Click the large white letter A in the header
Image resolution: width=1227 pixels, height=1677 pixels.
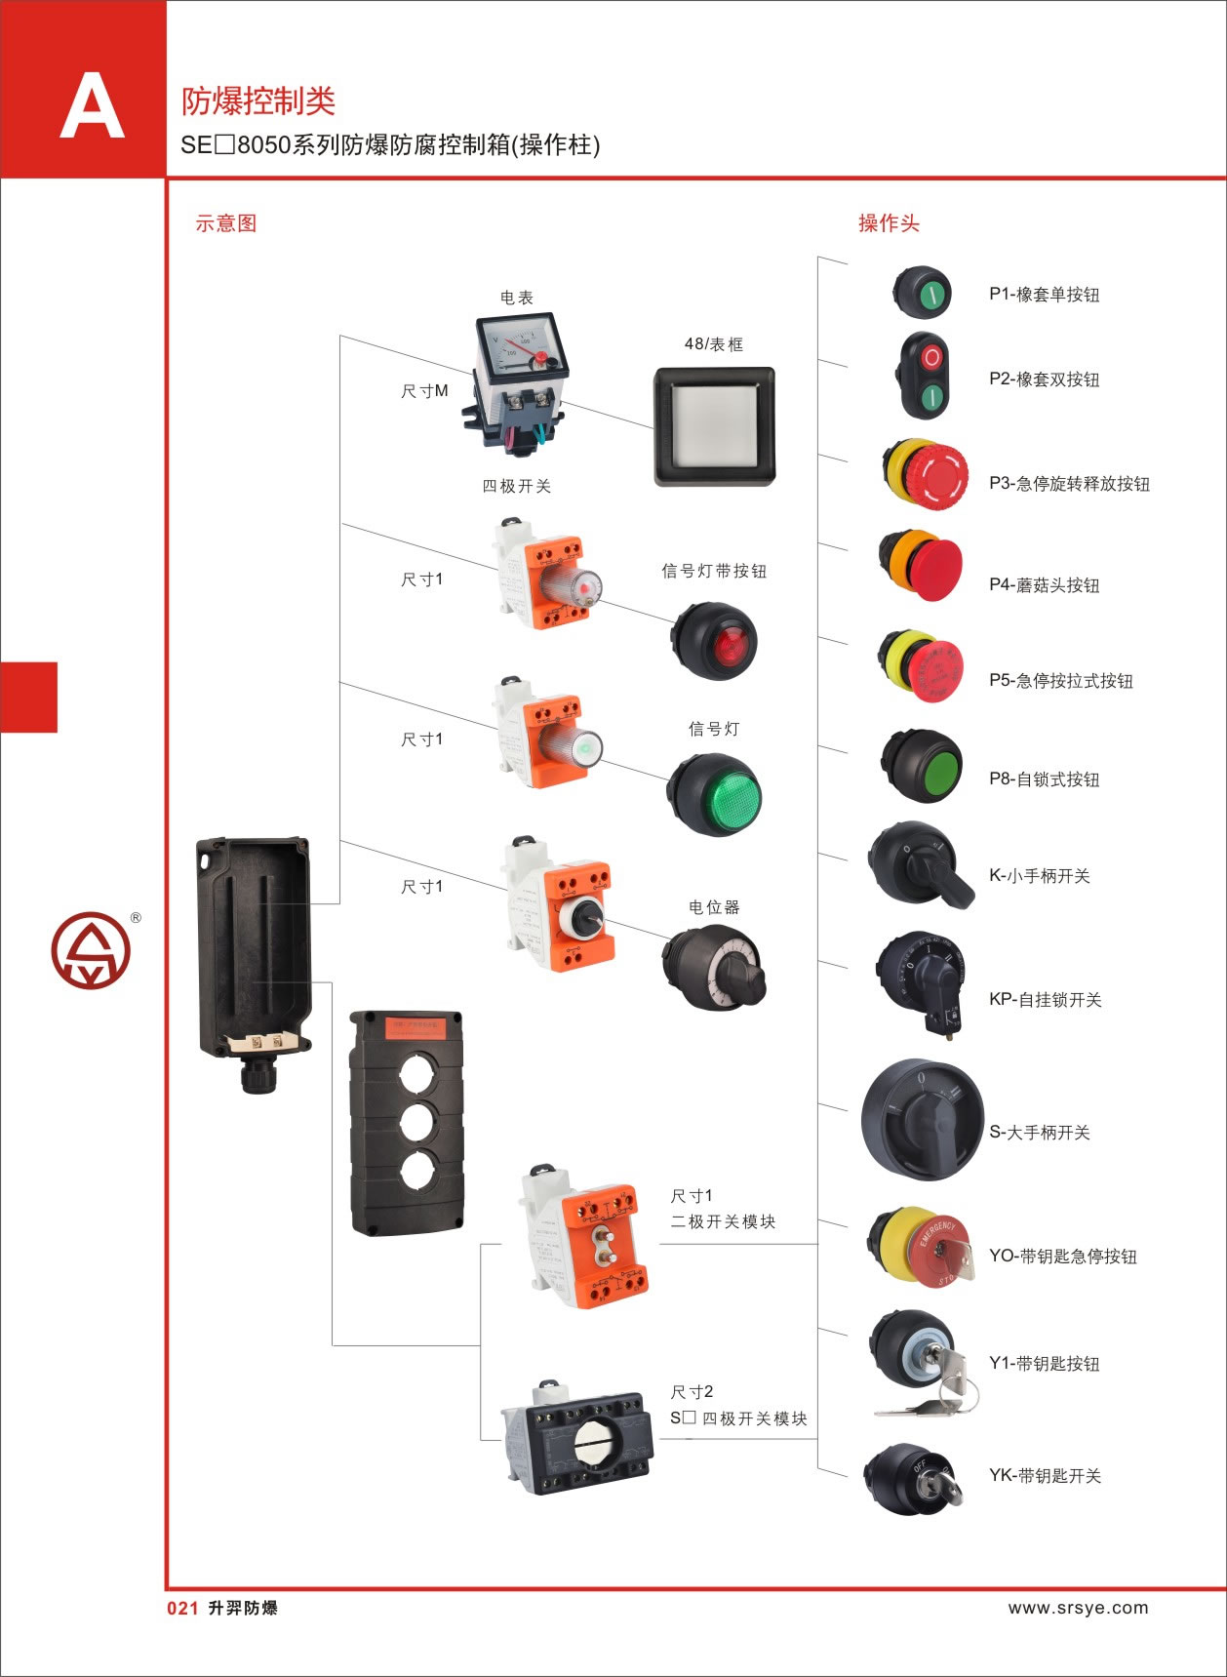[92, 108]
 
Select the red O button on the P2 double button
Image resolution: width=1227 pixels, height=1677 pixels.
[931, 357]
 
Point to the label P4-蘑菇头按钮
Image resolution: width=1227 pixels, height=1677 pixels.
[1044, 585]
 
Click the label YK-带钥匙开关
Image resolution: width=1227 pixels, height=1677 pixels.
[1045, 1476]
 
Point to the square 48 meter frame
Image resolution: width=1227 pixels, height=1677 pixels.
[714, 425]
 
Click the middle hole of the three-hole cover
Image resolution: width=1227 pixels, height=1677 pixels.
[406, 1124]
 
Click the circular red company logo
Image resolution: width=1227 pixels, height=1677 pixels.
[90, 950]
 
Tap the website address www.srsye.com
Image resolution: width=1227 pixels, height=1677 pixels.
[1078, 1608]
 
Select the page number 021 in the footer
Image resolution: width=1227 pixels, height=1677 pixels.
[182, 1609]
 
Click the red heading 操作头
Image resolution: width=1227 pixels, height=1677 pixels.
[889, 223]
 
